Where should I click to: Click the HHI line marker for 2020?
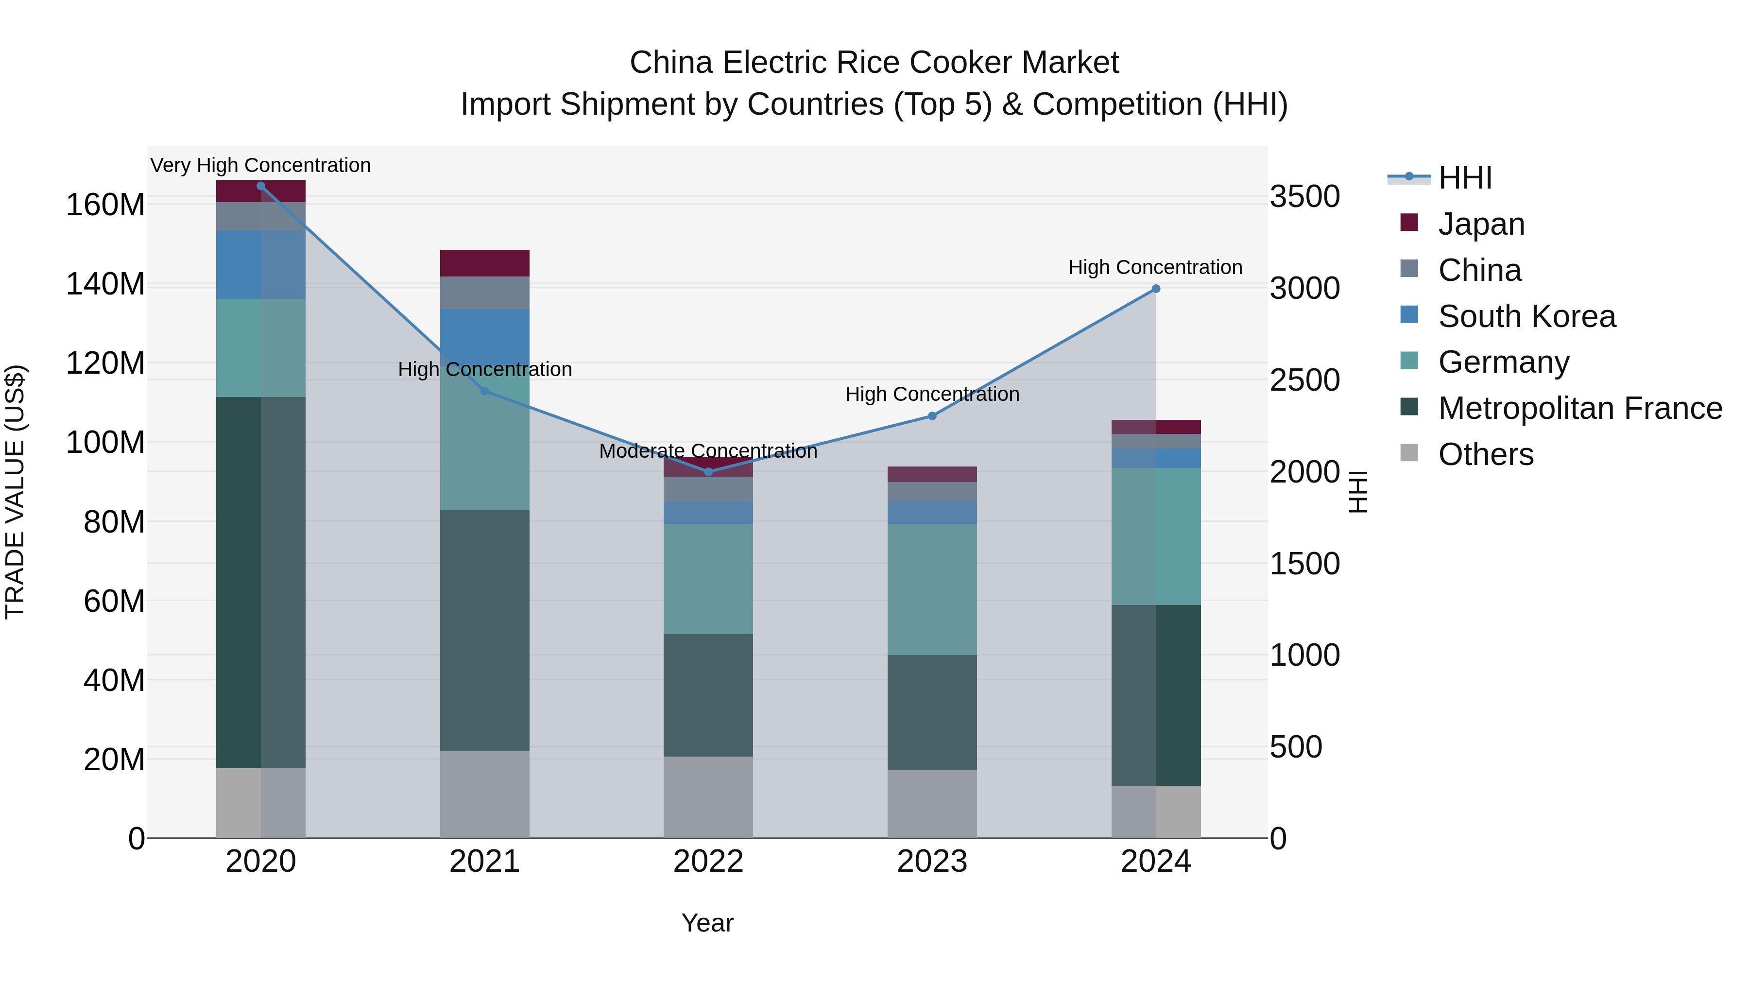click(261, 186)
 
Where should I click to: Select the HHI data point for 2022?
click(708, 471)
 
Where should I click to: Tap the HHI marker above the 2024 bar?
click(1156, 289)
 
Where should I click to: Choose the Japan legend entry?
click(1480, 224)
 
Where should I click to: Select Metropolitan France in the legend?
click(1579, 408)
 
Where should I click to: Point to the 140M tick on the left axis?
click(105, 284)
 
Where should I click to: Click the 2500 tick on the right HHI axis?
click(1304, 380)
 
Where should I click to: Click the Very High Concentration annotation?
click(261, 165)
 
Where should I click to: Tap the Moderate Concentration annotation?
click(708, 451)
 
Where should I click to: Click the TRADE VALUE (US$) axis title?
click(16, 492)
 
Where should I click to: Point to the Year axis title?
click(707, 923)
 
